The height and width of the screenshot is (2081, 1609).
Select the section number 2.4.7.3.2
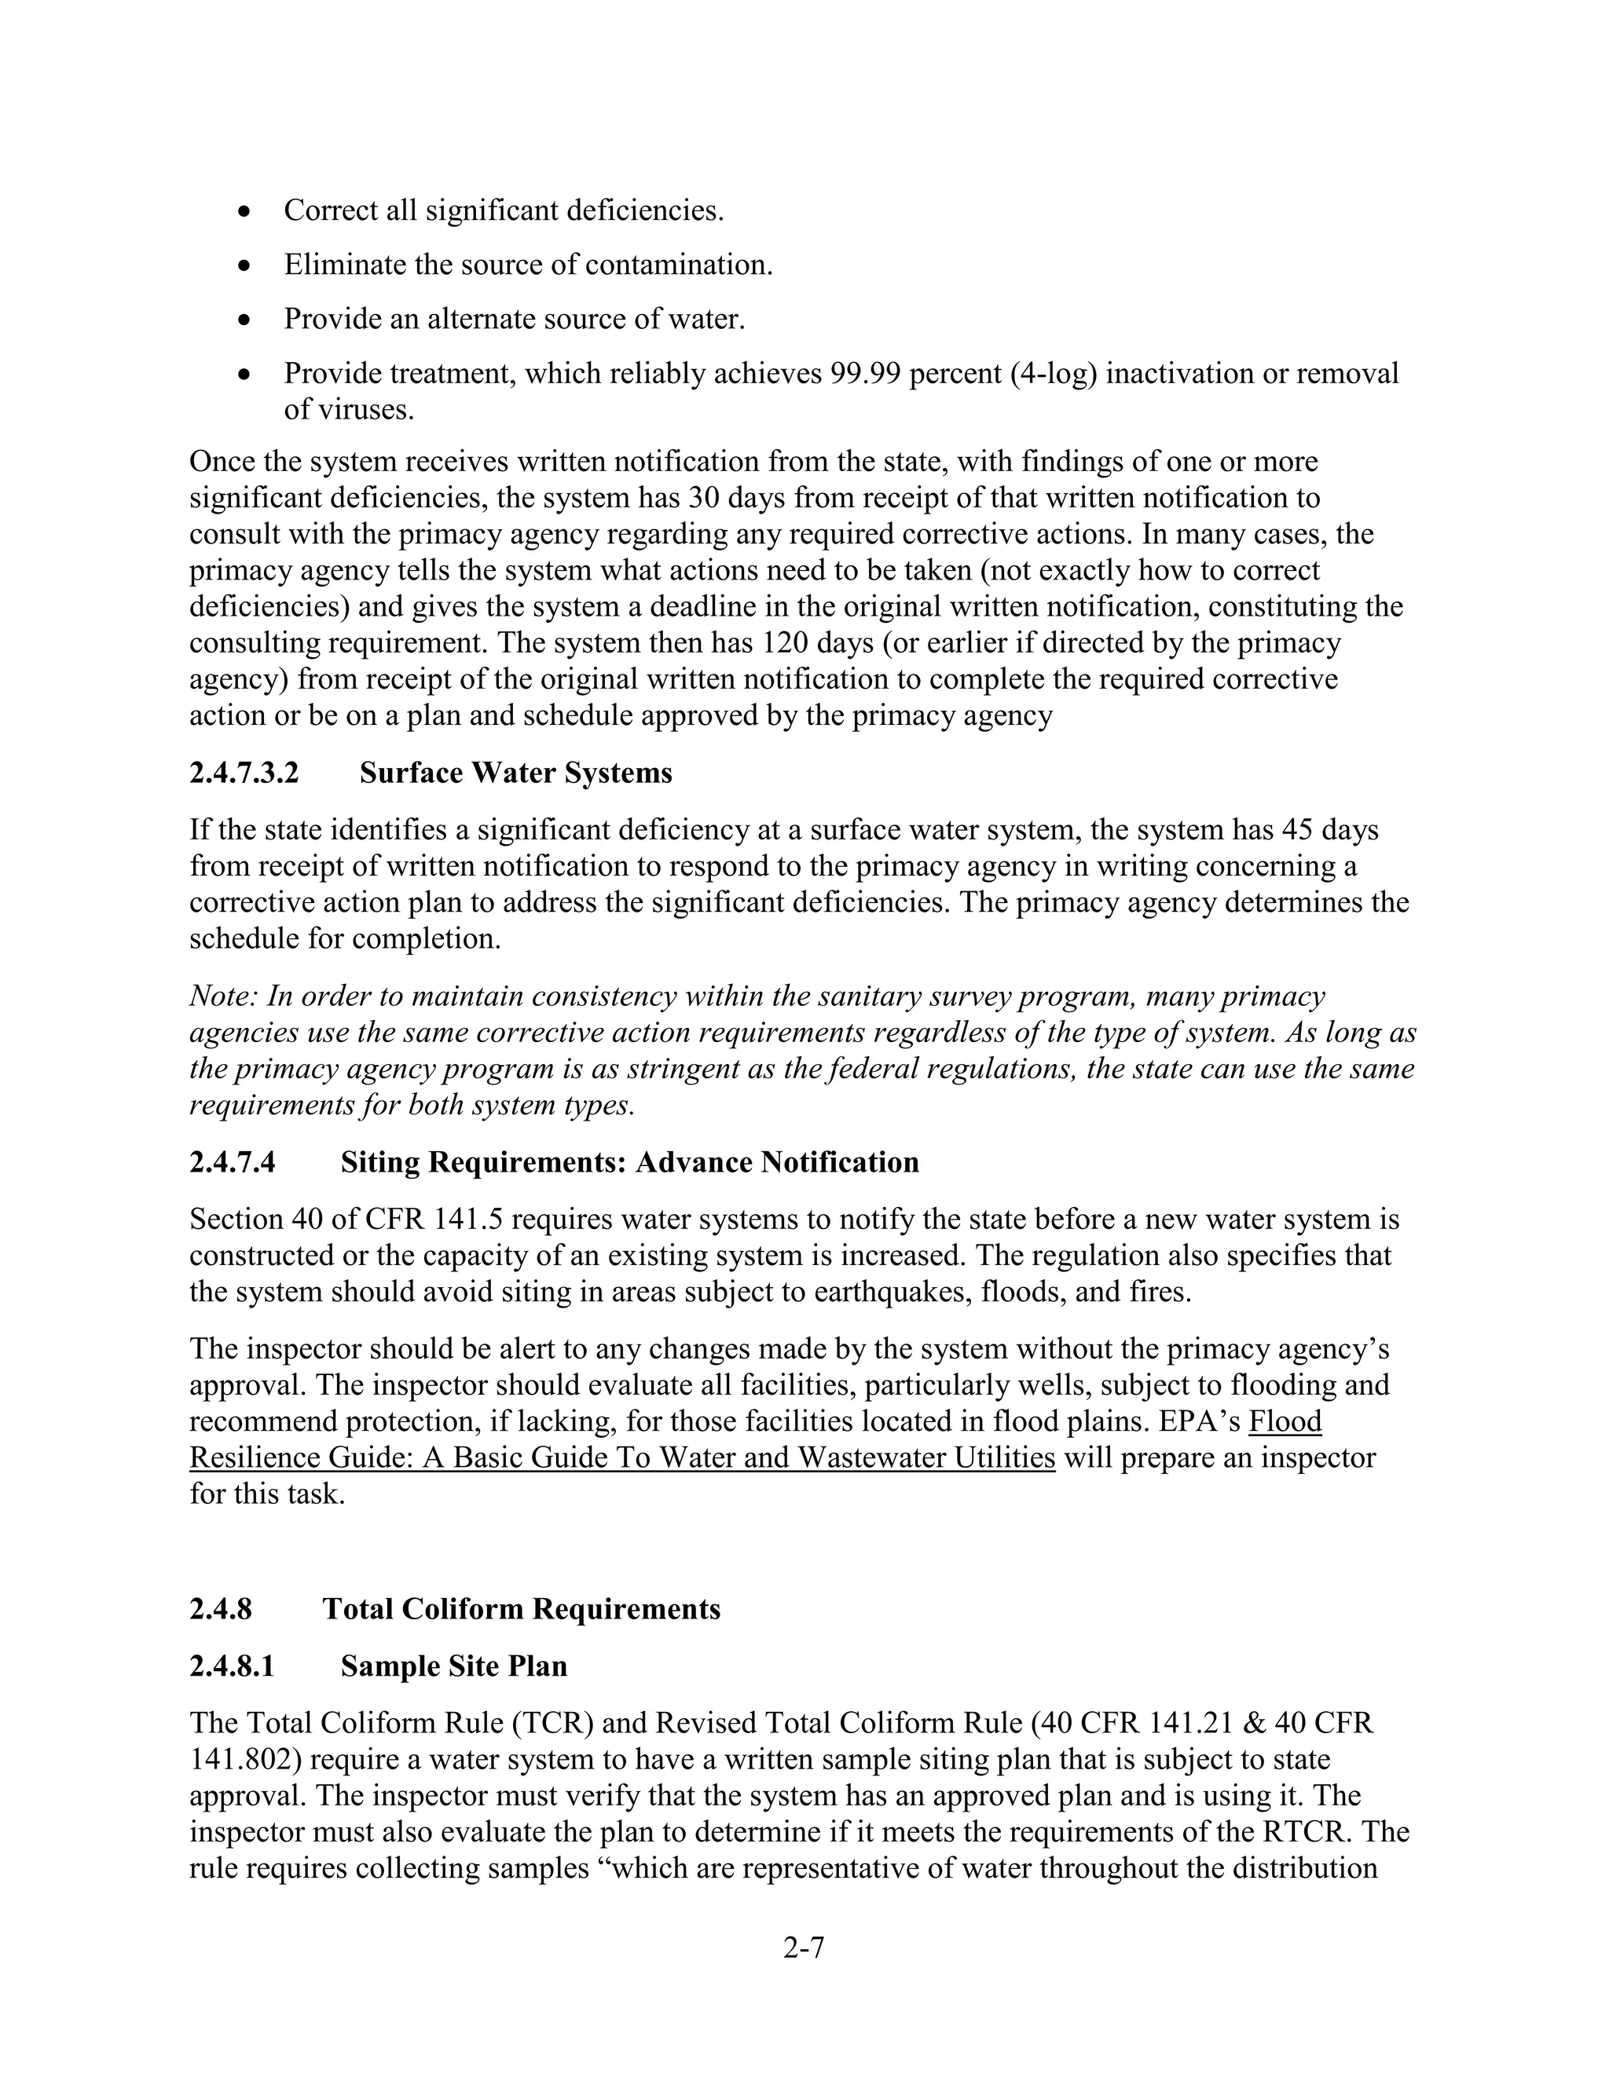[x=244, y=773]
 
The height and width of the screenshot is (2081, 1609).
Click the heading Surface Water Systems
[x=515, y=773]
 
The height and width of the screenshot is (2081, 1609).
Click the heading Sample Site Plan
[x=454, y=1666]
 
